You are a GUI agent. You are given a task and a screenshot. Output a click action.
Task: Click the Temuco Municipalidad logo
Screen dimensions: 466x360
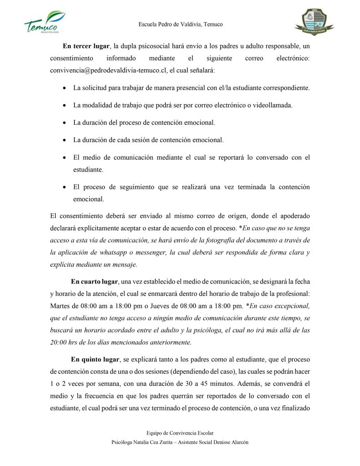tap(44, 22)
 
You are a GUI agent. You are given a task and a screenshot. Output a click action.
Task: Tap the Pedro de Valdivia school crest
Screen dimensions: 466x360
tap(314, 22)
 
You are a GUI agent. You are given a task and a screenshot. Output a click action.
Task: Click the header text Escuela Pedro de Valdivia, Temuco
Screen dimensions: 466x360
tap(180, 25)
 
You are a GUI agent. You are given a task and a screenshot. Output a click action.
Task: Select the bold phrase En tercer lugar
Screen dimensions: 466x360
tap(86, 46)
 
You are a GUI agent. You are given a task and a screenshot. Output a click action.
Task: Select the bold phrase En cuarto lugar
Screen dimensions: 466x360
tap(94, 282)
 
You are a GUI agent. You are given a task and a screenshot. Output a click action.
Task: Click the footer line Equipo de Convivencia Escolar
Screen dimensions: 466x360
tap(180, 433)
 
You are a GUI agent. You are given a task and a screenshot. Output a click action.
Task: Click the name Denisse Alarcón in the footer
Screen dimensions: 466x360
tap(231, 442)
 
